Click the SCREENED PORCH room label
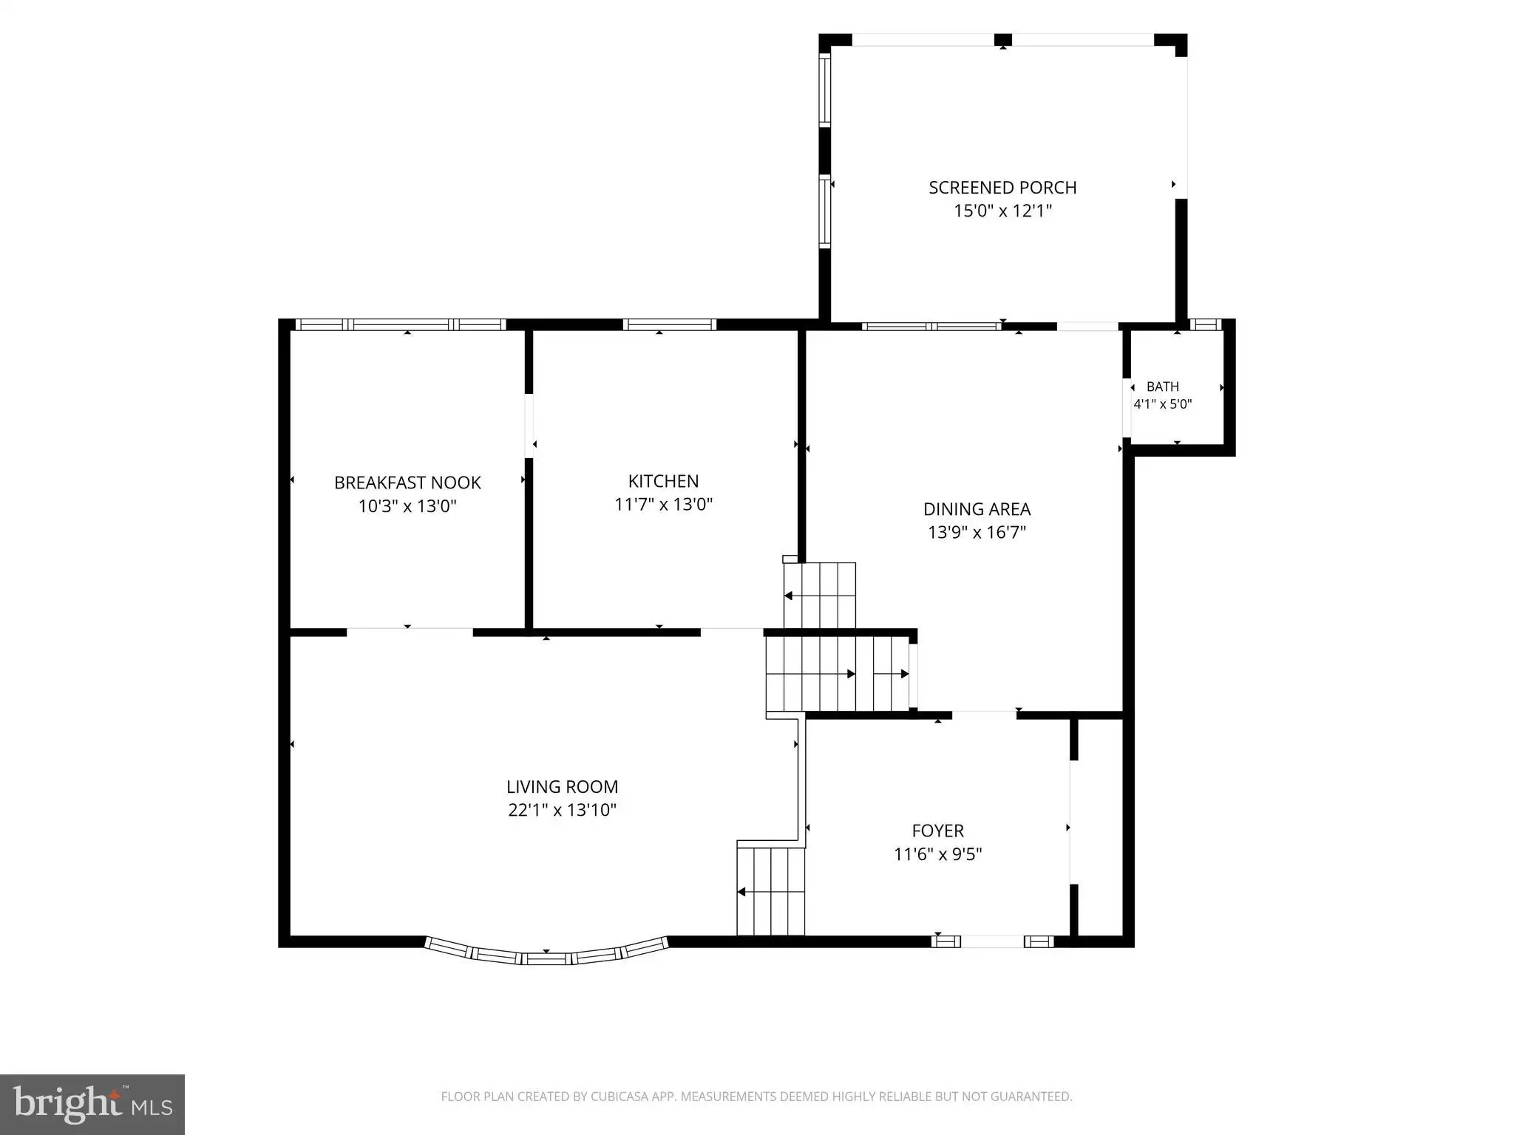coord(1002,188)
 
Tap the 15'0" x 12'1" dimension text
coord(1002,211)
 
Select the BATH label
coord(1163,386)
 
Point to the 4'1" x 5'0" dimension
coord(1163,404)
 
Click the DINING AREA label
coord(977,509)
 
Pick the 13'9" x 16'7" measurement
coord(977,532)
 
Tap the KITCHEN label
coord(663,481)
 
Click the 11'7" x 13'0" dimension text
coord(663,505)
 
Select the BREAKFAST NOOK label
coord(407,483)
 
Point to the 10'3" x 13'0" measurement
coord(407,506)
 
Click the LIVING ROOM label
coord(562,787)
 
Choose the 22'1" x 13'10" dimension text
coord(562,810)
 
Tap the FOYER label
coord(937,831)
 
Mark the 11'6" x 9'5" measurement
coord(937,854)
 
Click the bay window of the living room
coord(546,958)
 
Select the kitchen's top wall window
coord(670,324)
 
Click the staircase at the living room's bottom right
coord(771,891)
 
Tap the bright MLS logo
coord(92,1105)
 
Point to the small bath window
coord(1205,324)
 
